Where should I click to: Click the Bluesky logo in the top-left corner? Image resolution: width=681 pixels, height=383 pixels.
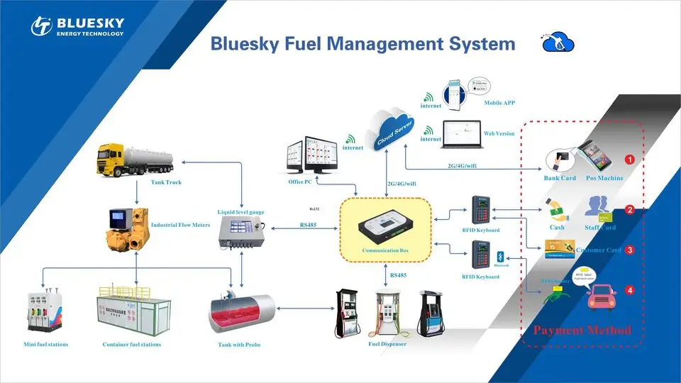coord(77,26)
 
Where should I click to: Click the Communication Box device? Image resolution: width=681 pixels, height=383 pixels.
coord(385,228)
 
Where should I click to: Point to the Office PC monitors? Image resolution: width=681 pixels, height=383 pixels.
coord(309,155)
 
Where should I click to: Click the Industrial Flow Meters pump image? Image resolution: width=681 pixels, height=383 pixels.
coord(125,230)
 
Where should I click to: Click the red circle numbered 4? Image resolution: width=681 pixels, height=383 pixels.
coord(629,290)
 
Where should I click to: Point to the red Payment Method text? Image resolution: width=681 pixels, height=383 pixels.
coord(582,331)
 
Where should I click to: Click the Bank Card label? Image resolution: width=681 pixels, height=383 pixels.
coord(560,178)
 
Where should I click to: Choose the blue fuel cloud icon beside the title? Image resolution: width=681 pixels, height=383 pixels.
coord(558,42)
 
